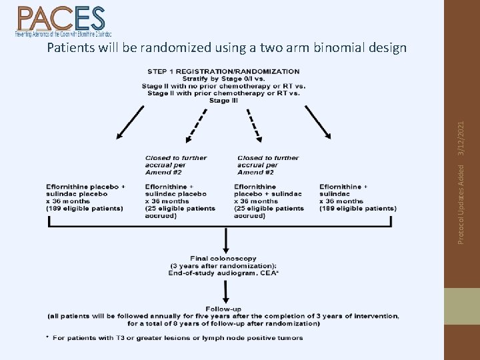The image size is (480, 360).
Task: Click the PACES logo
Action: click(x=62, y=21)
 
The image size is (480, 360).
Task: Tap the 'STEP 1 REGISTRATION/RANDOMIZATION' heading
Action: click(x=223, y=71)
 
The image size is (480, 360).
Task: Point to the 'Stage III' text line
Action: click(x=223, y=101)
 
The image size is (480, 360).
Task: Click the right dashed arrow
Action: click(x=253, y=125)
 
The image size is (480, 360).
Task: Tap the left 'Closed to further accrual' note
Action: click(x=176, y=165)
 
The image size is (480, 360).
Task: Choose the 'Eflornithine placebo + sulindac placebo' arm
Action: click(x=85, y=197)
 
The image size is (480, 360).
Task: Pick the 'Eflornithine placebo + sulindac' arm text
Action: click(x=268, y=201)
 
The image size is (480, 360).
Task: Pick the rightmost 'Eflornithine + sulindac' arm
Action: click(x=358, y=197)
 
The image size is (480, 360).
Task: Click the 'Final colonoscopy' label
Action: click(x=223, y=258)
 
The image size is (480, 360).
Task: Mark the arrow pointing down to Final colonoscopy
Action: click(x=227, y=240)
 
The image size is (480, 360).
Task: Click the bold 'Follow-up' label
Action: click(x=223, y=309)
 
